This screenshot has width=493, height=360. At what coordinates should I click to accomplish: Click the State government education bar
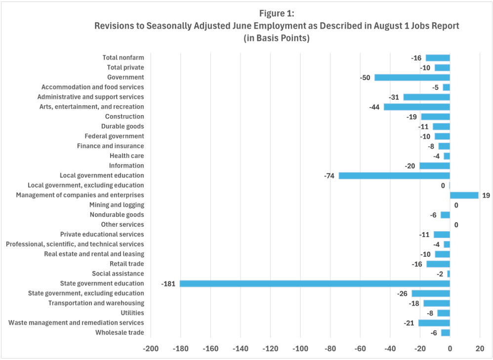tap(315, 283)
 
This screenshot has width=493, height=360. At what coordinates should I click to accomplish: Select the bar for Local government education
tap(394, 175)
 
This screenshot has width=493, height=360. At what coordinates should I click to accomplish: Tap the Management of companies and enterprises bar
tap(464, 195)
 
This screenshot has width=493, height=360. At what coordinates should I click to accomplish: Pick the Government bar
tap(412, 77)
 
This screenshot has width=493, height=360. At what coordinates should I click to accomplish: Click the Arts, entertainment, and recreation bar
tap(417, 107)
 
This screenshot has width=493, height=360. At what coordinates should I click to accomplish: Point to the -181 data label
tap(168, 283)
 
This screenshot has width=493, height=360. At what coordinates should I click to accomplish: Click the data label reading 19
tap(486, 195)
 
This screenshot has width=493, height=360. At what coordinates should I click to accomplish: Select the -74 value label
tap(329, 175)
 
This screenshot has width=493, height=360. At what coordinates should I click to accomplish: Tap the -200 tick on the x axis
tap(151, 349)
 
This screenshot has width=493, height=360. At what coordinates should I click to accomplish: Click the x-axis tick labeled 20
tap(480, 349)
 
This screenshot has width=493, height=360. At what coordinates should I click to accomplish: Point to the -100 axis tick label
tap(300, 349)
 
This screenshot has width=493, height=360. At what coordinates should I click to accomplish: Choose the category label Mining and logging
tap(117, 205)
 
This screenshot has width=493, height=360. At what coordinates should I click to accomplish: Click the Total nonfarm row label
tap(123, 58)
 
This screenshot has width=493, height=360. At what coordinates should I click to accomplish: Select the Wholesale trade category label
tap(120, 332)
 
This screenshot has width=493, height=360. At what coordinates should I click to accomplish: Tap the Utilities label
tap(132, 313)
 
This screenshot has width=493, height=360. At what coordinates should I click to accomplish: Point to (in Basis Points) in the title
tap(276, 39)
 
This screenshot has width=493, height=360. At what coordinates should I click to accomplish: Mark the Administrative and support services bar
tap(427, 97)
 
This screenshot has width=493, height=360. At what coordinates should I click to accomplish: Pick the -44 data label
tap(374, 107)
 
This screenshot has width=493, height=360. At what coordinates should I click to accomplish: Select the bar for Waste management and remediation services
tap(434, 323)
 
